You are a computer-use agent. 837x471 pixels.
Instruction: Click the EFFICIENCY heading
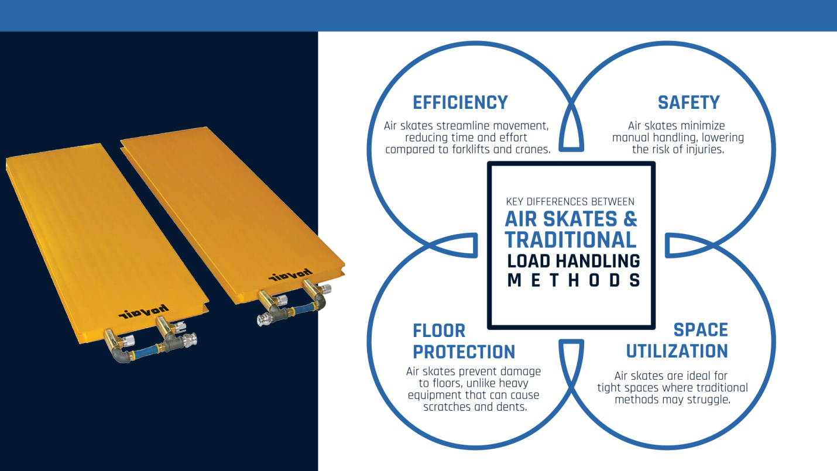coord(460,103)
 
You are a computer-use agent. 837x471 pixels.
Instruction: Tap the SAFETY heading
coord(689,103)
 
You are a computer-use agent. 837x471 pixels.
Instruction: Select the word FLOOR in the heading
coord(439,331)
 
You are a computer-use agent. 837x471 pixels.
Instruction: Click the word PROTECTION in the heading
coord(464,352)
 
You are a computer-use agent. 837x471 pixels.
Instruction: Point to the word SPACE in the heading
coord(701,330)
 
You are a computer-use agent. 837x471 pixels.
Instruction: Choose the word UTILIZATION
coord(677,351)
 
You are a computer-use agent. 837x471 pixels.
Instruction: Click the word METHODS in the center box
coord(574,280)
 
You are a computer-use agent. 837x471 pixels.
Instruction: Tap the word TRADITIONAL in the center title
coord(571,240)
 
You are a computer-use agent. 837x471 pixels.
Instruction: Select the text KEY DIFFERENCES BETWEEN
coord(570,202)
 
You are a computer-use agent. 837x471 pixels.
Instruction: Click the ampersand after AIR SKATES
coord(630,219)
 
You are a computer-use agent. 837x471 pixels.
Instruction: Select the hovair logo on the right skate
coord(290,274)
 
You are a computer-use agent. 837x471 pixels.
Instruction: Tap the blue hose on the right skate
coord(301,310)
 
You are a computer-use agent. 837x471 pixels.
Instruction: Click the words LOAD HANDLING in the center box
coord(573,261)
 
